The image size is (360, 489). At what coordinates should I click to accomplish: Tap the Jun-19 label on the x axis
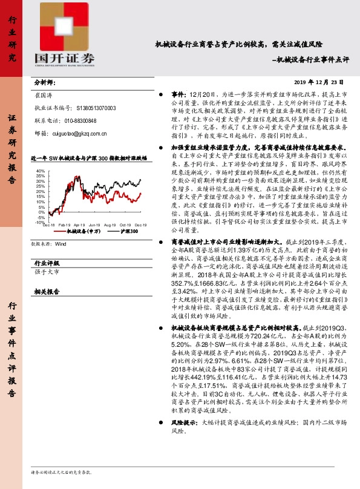coord(95,225)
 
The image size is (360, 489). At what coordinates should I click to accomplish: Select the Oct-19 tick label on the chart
coord(125,225)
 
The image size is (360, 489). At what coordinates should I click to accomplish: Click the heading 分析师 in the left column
coord(45,82)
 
